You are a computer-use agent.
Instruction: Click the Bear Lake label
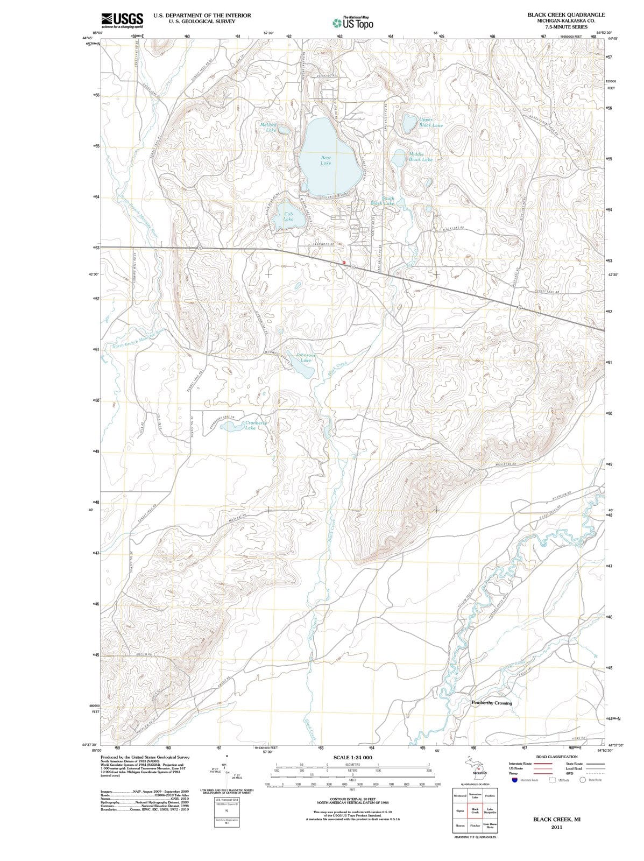[326, 160]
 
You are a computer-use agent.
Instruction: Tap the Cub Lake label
[288, 217]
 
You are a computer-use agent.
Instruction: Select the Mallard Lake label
[268, 128]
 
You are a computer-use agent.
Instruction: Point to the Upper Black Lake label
[431, 123]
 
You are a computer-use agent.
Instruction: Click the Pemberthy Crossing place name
[492, 703]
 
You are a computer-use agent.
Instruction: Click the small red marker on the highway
[344, 262]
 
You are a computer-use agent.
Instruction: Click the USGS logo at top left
[122, 20]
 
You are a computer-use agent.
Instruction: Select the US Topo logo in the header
[352, 23]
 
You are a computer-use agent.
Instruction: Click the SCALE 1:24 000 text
[352, 758]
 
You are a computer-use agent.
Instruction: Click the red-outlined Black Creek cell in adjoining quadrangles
[475, 811]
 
